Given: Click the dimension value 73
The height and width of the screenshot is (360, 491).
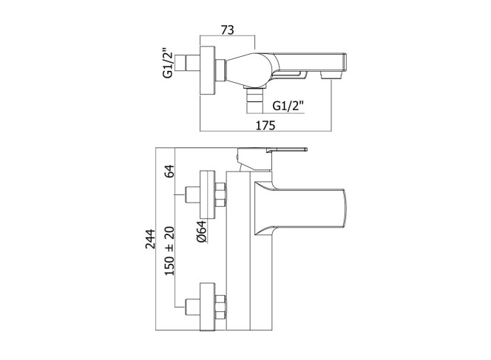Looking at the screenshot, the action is tap(227, 30).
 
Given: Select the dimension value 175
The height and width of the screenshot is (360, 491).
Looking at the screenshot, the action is tap(265, 125).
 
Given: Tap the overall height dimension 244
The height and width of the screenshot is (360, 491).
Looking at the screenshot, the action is tap(150, 240).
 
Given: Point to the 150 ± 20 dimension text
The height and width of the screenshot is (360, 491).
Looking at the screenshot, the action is tap(169, 251).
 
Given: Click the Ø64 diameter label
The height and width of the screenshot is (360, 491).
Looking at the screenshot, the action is tap(202, 231).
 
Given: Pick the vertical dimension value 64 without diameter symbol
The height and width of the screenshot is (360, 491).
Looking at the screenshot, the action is tap(169, 171).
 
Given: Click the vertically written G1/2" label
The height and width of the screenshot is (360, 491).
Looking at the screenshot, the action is tap(168, 63).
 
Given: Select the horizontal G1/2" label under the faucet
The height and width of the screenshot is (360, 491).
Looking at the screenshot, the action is tap(288, 106).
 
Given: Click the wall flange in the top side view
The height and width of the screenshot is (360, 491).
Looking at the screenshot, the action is tap(207, 70).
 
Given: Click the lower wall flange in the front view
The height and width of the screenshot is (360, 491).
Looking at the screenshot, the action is tap(207, 307).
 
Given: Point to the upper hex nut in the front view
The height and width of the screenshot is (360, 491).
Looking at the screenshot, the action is tap(220, 194).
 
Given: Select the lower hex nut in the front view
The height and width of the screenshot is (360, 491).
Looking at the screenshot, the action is tap(220, 307).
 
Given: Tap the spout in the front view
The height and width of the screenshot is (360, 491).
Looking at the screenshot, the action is tap(299, 208).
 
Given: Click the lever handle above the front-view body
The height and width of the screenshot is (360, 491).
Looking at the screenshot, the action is tap(271, 158).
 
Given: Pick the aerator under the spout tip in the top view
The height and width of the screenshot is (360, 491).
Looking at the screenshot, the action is tap(331, 75).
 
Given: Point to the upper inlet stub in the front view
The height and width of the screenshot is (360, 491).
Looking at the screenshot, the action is tap(192, 194).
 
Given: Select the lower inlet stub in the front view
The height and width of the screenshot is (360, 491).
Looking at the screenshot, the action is tap(192, 307).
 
